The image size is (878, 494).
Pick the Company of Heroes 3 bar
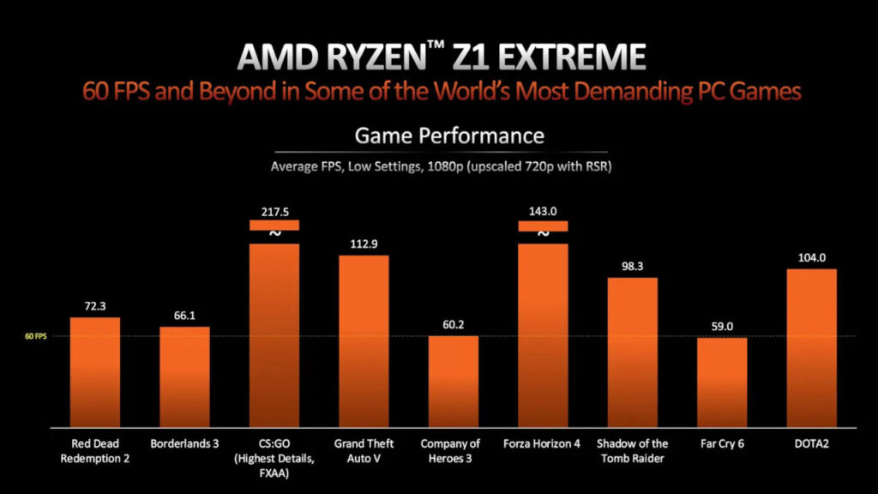tap(454, 381)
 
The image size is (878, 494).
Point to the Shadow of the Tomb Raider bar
tap(633, 352)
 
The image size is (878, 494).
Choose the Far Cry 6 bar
tap(722, 382)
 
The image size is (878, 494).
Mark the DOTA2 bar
tap(811, 347)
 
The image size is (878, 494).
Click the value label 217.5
tap(274, 210)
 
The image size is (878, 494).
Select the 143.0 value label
tap(543, 210)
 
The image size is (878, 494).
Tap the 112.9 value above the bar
tap(364, 244)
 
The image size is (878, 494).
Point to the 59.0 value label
tap(722, 326)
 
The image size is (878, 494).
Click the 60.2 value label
tap(454, 324)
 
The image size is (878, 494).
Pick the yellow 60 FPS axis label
tap(36, 336)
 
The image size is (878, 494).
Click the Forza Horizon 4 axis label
tap(543, 444)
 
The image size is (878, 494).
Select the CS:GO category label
tap(274, 444)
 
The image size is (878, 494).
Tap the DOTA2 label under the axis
tap(811, 444)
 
